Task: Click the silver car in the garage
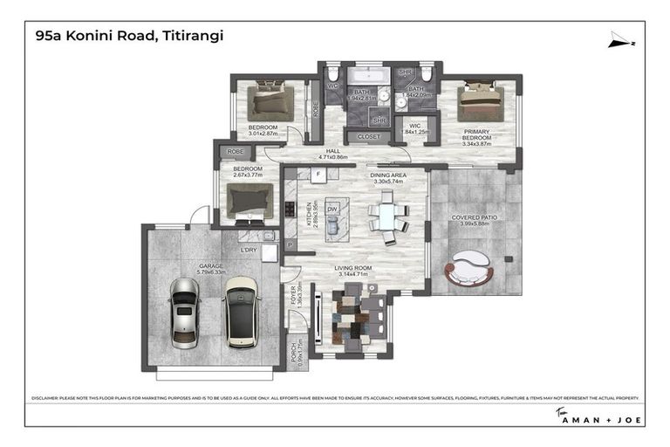[x=185, y=313]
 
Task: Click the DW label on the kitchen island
[x=332, y=210]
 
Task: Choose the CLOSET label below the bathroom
[x=369, y=137]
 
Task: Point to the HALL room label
[x=332, y=151]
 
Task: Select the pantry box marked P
[x=290, y=245]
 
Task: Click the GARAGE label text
[x=211, y=265]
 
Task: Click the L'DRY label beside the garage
[x=249, y=251]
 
